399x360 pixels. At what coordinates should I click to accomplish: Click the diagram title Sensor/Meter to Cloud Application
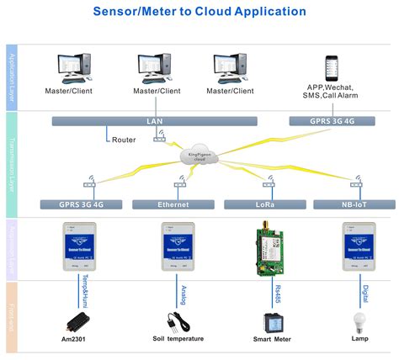[x=199, y=12]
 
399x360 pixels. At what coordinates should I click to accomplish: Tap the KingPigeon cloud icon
[x=199, y=153]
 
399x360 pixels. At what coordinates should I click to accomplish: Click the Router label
[x=124, y=140]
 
